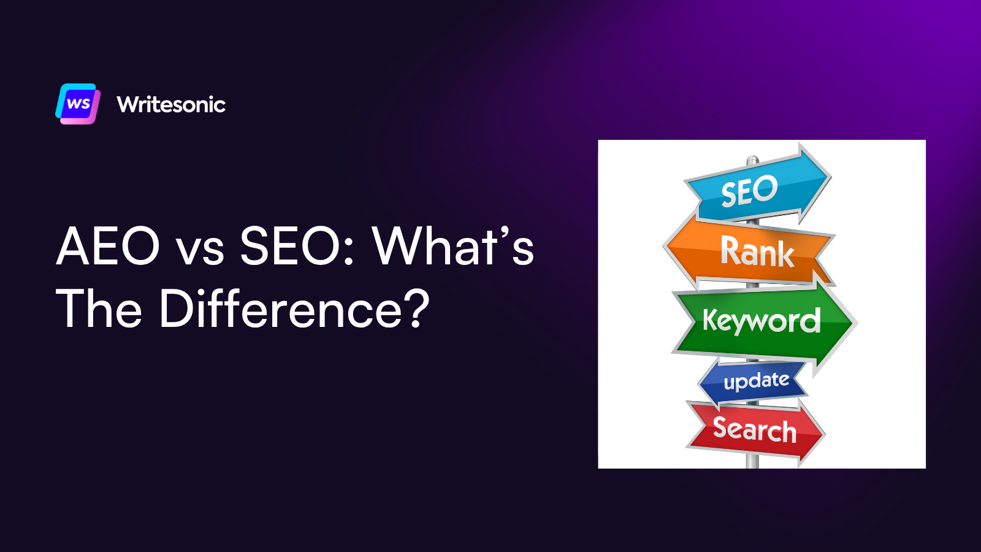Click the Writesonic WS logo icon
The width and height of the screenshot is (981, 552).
coord(78,104)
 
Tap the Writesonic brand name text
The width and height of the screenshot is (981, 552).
coord(171,104)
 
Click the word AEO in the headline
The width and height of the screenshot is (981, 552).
coord(108,246)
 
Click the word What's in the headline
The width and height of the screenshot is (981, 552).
coord(452,246)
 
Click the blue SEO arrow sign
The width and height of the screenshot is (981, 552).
coord(757,187)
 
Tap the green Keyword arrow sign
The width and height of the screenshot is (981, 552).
coord(762,321)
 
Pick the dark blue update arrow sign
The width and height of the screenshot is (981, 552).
coord(754,381)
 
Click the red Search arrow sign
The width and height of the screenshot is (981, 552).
coord(754,429)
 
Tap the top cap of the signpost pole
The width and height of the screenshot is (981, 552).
coord(752,160)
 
